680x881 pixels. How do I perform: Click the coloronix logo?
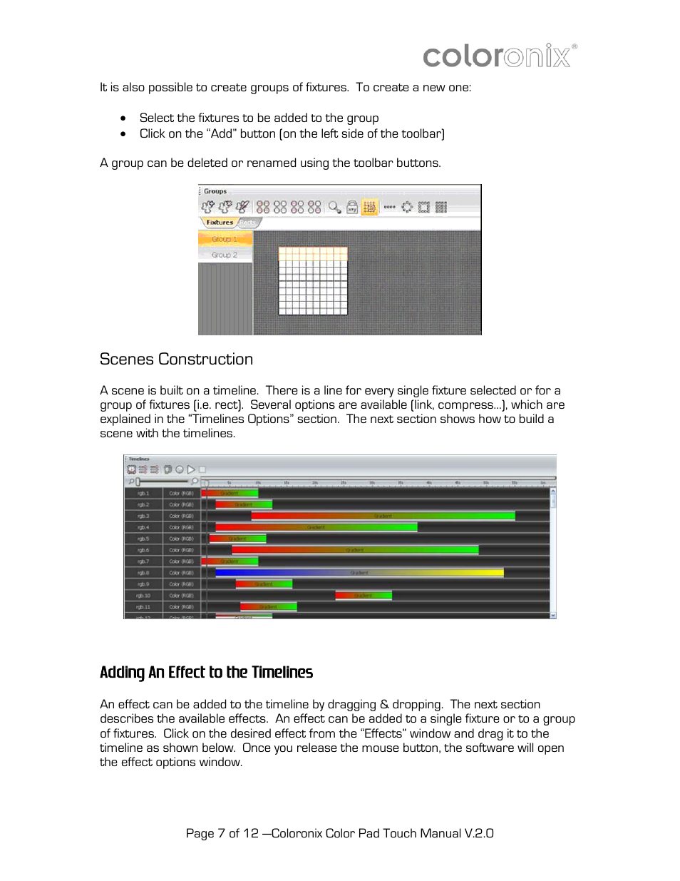[500, 56]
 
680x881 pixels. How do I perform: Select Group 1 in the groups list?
[225, 239]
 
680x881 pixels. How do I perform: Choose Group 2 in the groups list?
[225, 255]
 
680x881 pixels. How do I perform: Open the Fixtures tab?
[219, 223]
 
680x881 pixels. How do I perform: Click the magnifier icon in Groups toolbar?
[334, 207]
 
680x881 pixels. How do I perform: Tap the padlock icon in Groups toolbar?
[352, 207]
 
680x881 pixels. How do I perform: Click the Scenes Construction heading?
[176, 360]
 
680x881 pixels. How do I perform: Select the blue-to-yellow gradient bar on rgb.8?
[359, 572]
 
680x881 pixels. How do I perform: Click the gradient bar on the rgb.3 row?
[383, 516]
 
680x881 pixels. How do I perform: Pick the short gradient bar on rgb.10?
[364, 595]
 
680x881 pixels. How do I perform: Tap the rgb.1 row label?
[143, 493]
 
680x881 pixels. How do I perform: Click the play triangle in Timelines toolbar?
[191, 469]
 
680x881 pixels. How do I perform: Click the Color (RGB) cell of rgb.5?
[181, 539]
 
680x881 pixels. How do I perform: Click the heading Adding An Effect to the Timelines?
[206, 672]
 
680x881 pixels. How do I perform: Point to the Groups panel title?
[215, 191]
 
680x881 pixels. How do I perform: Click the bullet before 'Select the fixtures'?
[123, 118]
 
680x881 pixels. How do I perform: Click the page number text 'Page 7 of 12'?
[222, 833]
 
